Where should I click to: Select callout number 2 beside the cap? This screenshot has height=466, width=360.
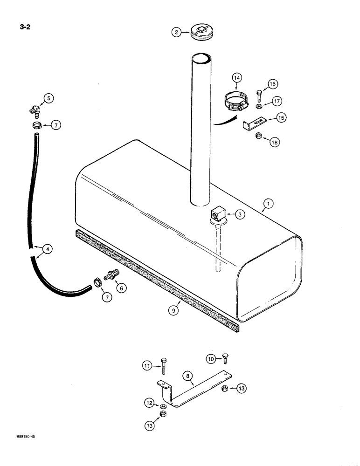(x=176, y=32)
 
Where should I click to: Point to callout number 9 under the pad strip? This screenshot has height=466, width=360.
(x=173, y=309)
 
